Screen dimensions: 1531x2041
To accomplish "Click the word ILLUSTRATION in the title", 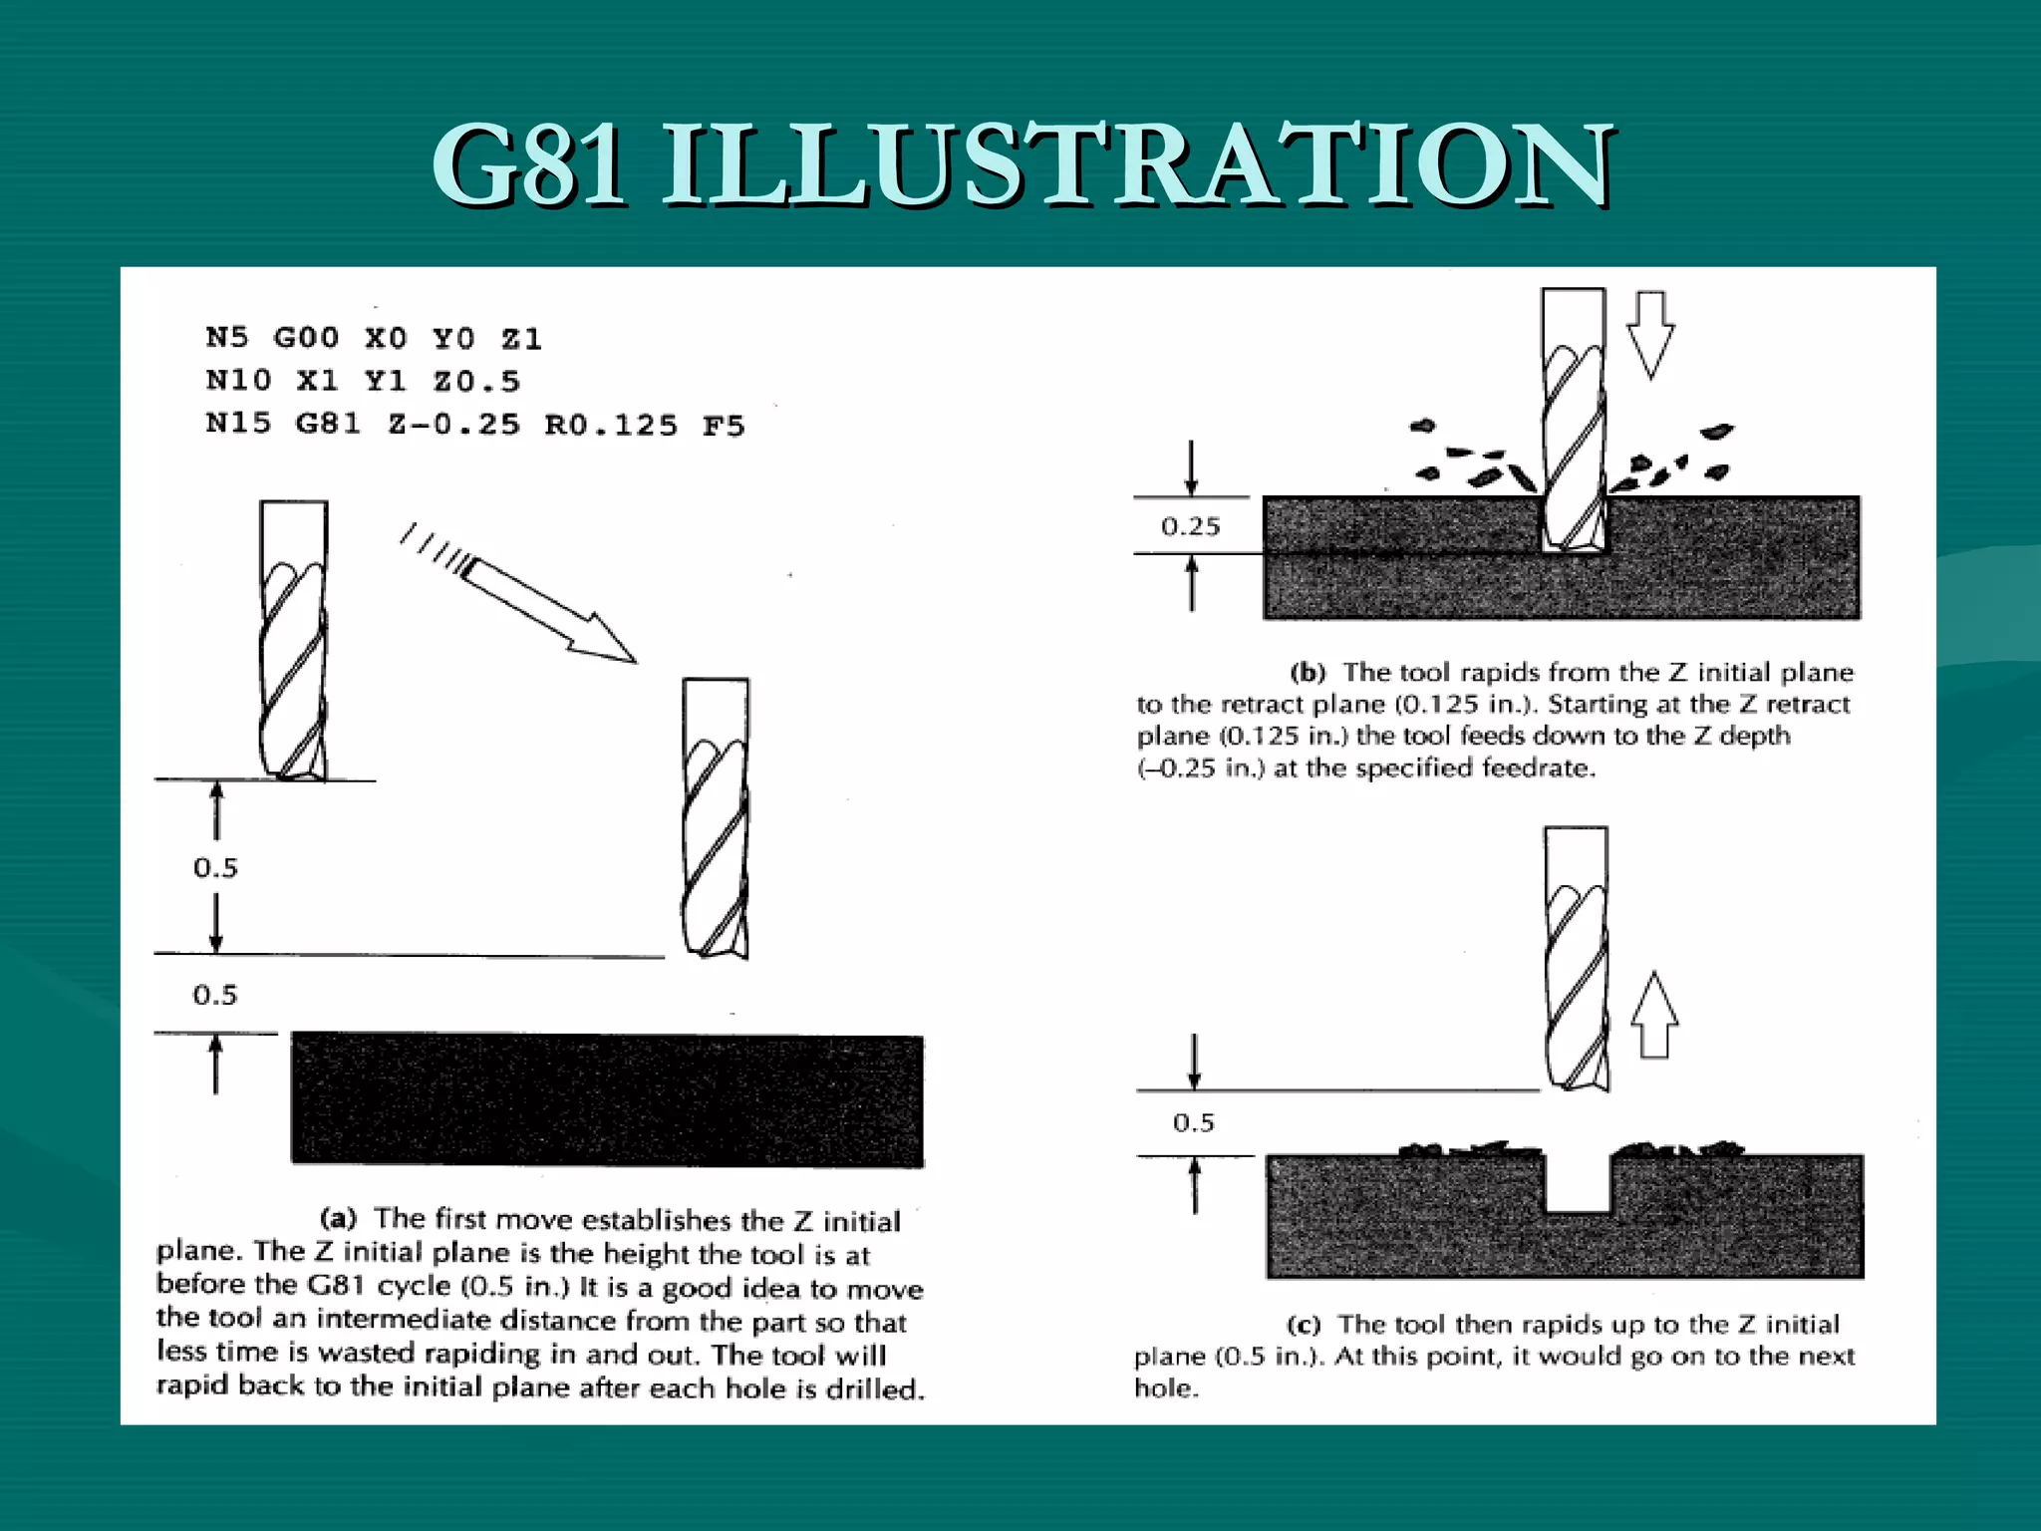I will pyautogui.click(x=1137, y=164).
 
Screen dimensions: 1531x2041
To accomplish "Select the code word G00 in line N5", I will pyautogui.click(x=306, y=338).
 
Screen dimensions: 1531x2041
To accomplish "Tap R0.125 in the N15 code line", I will pyautogui.click(x=611, y=426).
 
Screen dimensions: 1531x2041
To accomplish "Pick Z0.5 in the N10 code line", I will pyautogui.click(x=476, y=382).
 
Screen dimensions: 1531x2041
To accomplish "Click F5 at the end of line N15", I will pyautogui.click(x=724, y=427).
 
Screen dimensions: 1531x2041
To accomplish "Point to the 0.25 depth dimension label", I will pyautogui.click(x=1190, y=526).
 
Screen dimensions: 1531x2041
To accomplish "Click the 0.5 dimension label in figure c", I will pyautogui.click(x=1193, y=1123).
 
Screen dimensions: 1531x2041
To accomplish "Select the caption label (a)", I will pyautogui.click(x=338, y=1218).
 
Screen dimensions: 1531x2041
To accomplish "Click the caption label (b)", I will pyautogui.click(x=1308, y=673).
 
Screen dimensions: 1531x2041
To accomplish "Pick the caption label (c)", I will pyautogui.click(x=1304, y=1325).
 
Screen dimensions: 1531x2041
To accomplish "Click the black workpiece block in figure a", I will pyautogui.click(x=607, y=1098).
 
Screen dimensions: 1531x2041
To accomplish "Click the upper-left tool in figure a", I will pyautogui.click(x=293, y=638).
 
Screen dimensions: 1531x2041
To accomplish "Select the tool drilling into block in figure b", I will pyautogui.click(x=1574, y=419).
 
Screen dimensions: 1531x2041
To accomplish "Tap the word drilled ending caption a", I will pyautogui.click(x=874, y=1389).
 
